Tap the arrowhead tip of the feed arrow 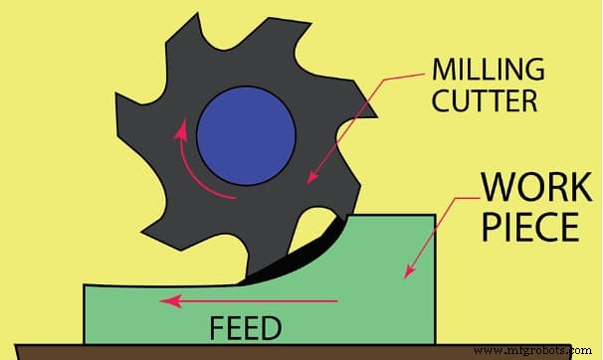click(166, 299)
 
